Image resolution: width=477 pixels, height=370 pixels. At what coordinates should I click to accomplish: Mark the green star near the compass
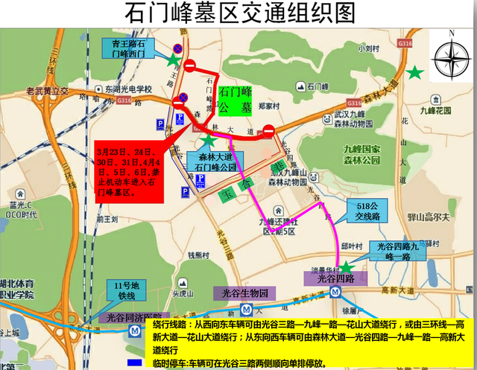(x=414, y=72)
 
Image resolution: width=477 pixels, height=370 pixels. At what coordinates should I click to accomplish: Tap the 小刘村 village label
(x=368, y=48)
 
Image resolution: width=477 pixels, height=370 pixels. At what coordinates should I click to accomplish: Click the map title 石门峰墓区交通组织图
(x=238, y=13)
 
